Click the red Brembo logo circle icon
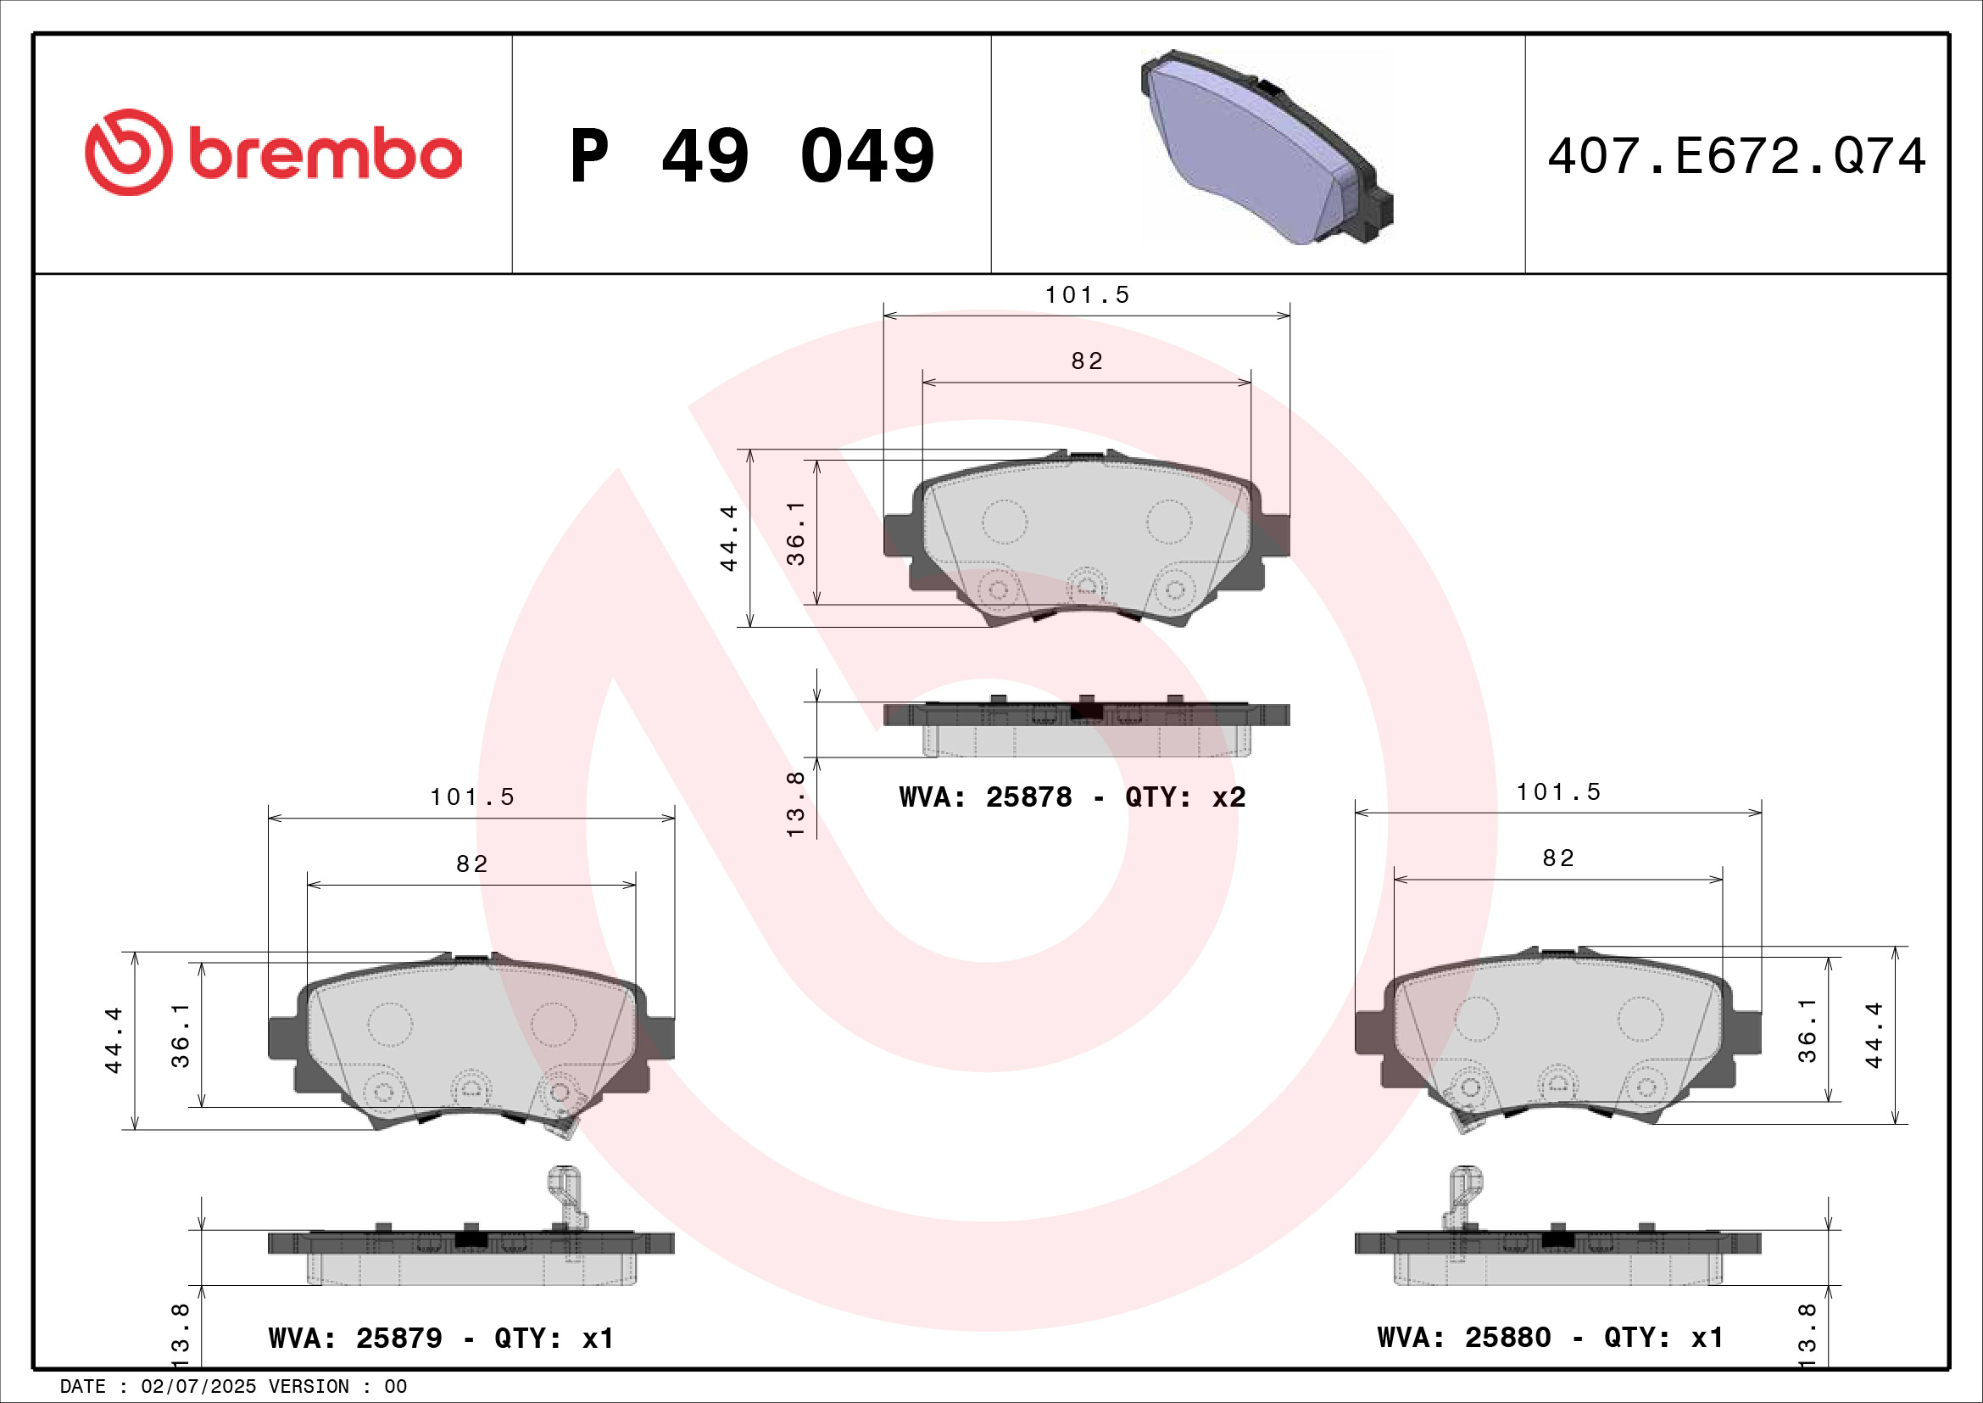tap(128, 152)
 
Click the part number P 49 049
tap(751, 156)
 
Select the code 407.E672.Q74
tap(1736, 156)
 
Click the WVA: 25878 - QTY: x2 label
tap(1072, 797)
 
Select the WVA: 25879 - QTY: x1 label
tap(442, 1339)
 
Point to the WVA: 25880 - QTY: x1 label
tap(1551, 1338)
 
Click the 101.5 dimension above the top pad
tap(1087, 295)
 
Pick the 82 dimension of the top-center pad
tap(1087, 361)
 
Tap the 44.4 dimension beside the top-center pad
tap(729, 537)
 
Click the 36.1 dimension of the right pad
tap(1807, 1030)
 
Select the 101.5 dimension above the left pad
tap(471, 797)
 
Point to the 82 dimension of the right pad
tap(1558, 858)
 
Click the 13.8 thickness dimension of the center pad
tap(795, 803)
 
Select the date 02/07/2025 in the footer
tap(198, 1387)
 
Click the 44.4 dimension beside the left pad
tap(114, 1040)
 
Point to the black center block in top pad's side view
tap(1087, 711)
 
